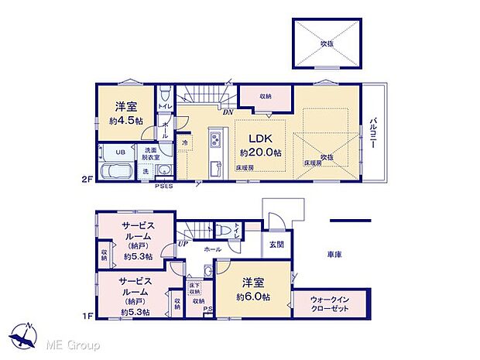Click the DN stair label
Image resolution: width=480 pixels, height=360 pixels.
click(228, 111)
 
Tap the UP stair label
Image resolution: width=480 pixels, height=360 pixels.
click(183, 243)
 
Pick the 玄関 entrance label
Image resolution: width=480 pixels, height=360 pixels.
click(276, 245)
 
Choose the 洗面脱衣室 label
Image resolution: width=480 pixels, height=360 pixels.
click(150, 153)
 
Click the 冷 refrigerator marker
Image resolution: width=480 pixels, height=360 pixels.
click(185, 143)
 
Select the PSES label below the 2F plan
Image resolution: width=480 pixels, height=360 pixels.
click(164, 186)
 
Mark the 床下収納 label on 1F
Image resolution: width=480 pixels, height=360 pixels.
click(194, 288)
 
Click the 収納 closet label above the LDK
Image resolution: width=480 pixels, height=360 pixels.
click(265, 97)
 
